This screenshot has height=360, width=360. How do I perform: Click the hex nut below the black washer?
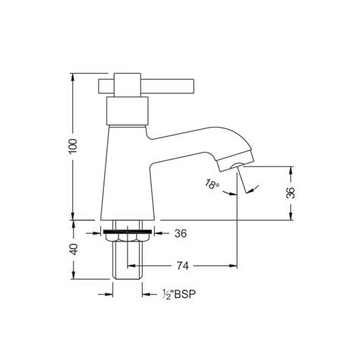point(125,238)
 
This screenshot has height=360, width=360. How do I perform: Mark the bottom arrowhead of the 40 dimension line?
point(73,276)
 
